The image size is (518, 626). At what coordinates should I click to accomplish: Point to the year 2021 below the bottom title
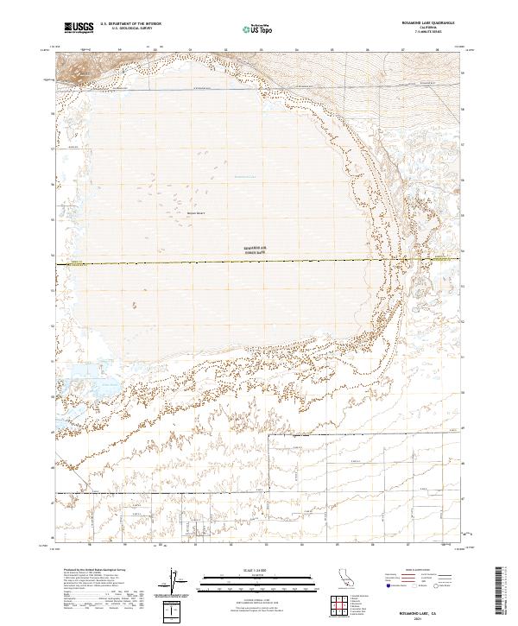click(x=435, y=617)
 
